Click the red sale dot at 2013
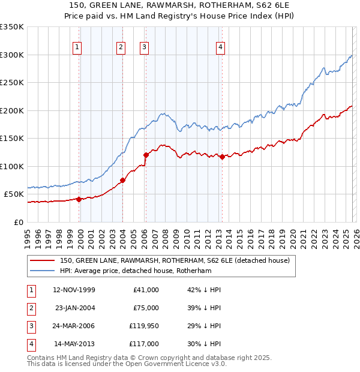221,157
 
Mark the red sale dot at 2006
146,155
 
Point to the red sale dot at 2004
122,180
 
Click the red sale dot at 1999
79,199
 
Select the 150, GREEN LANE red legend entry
174,260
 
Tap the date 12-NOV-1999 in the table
74,290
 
